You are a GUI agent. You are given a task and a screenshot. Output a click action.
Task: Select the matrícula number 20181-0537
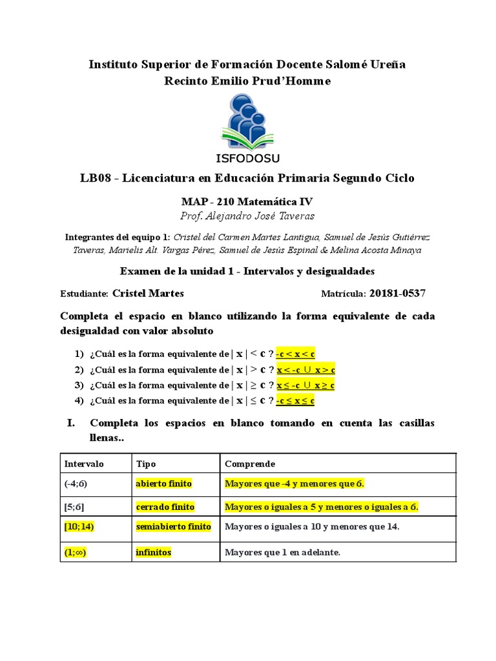click(x=397, y=294)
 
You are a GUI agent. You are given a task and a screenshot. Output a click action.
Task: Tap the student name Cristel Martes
click(x=148, y=294)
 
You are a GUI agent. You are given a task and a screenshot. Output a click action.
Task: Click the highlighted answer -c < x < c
click(x=294, y=354)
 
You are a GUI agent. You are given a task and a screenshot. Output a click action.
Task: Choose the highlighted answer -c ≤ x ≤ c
click(x=294, y=401)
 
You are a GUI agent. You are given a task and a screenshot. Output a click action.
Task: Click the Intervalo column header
click(x=83, y=464)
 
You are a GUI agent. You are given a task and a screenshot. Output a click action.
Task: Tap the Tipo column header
click(x=146, y=464)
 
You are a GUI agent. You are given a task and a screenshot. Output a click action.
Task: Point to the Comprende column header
click(x=249, y=464)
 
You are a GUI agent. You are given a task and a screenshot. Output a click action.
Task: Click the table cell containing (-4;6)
click(x=76, y=483)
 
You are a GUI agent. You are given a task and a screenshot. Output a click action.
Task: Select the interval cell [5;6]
click(x=74, y=507)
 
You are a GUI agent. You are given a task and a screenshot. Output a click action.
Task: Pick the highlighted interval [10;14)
click(x=79, y=527)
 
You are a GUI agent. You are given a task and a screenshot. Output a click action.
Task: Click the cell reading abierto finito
click(x=163, y=483)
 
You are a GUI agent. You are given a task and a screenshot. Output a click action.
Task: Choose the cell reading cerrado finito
click(x=165, y=507)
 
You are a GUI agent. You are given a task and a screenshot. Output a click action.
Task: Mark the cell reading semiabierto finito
click(x=174, y=527)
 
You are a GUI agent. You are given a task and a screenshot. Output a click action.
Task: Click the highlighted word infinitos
click(x=154, y=553)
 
